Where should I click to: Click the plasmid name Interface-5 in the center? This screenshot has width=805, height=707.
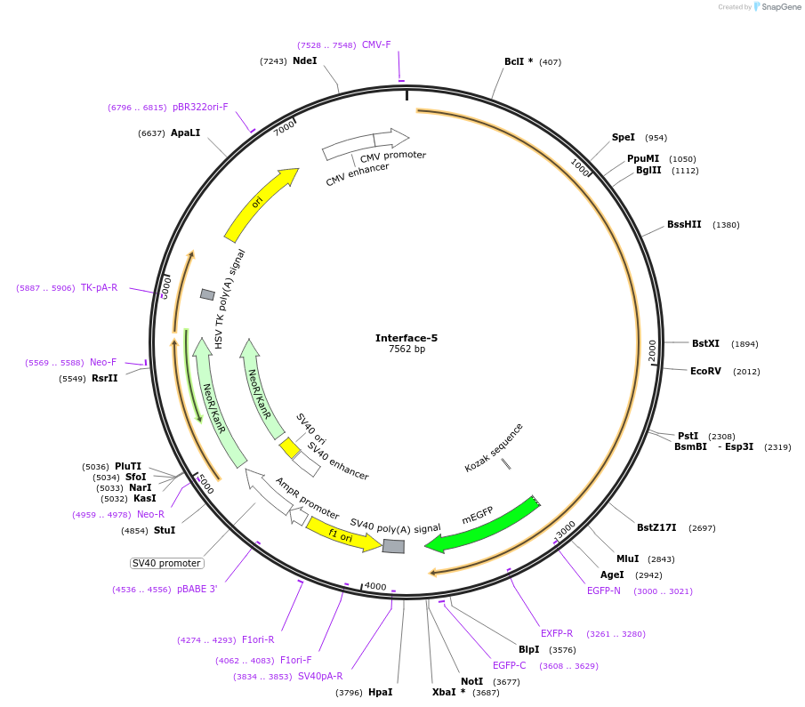point(406,338)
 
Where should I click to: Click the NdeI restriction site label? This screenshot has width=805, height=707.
point(304,61)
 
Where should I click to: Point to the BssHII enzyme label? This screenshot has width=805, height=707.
point(684,225)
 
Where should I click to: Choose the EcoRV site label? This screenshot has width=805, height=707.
point(706,371)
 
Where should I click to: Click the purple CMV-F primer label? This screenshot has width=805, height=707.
point(376,44)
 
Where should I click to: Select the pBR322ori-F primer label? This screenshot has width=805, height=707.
point(200,107)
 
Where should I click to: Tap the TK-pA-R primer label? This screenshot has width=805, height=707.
point(99,287)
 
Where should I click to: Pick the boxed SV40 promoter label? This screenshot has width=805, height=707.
point(166,563)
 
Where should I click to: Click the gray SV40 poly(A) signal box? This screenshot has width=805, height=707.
point(393,546)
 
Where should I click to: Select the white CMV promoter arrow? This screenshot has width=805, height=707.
point(391,138)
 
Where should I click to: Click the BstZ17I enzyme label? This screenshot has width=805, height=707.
point(656,527)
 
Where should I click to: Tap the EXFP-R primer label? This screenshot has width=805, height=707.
point(557,633)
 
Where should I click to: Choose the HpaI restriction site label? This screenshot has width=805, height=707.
point(380,692)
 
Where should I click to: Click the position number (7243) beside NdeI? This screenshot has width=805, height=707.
point(273,61)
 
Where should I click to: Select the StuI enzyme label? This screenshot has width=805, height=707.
point(165,530)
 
